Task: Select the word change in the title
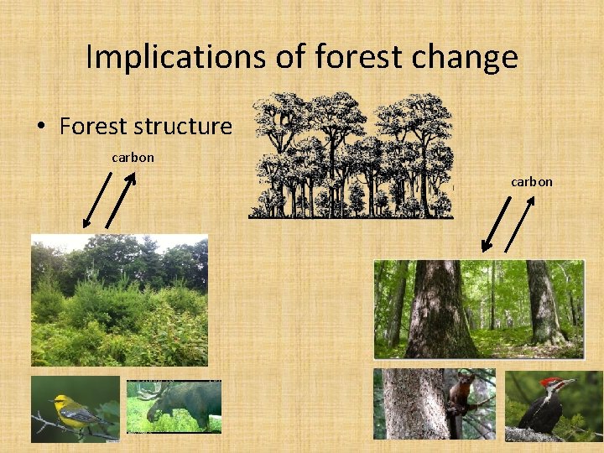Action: pyautogui.click(x=469, y=59)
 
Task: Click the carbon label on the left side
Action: pyautogui.click(x=133, y=157)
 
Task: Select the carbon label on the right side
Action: pyautogui.click(x=532, y=181)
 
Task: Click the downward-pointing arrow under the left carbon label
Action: pyautogui.click(x=96, y=200)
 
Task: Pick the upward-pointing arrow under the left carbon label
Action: pyautogui.click(x=121, y=201)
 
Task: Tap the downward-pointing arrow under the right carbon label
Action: pyautogui.click(x=495, y=224)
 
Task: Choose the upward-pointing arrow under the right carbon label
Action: pyautogui.click(x=521, y=225)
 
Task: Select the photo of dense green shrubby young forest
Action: pyautogui.click(x=119, y=299)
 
